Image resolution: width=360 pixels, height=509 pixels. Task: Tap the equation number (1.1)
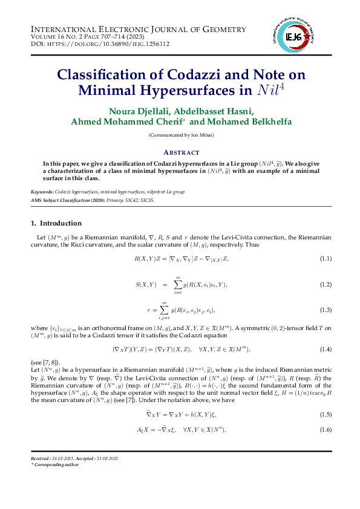[x=325, y=259]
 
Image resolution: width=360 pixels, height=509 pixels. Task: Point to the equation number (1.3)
[x=325, y=310]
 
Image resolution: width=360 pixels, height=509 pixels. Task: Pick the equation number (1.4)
[x=325, y=349]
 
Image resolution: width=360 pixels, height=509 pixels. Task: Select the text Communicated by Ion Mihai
[x=180, y=136]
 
